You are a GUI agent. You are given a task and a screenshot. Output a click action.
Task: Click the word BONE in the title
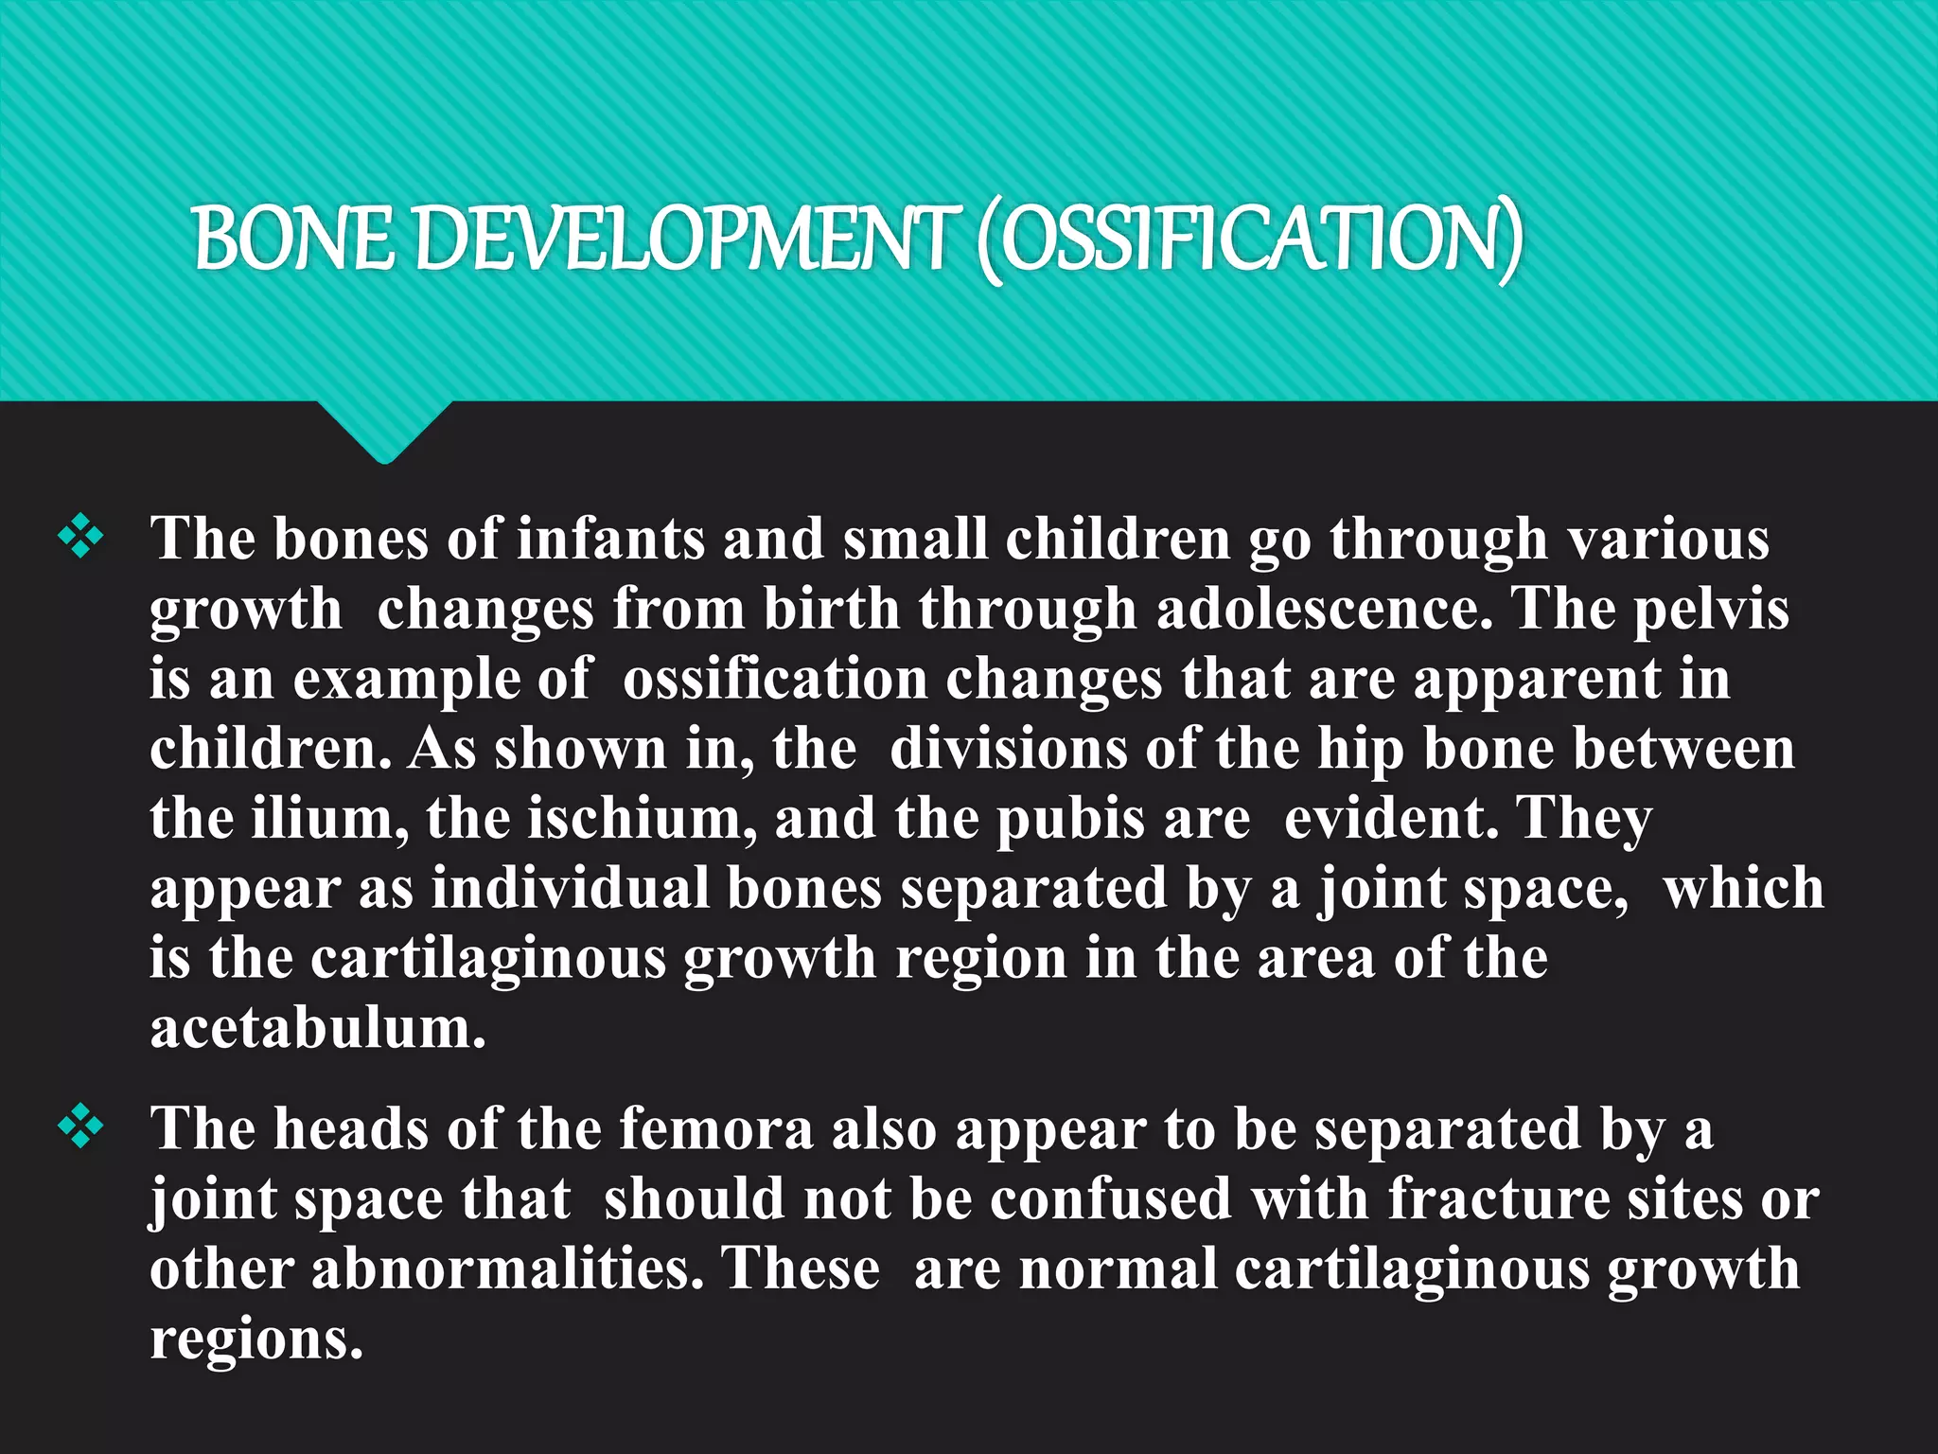292,238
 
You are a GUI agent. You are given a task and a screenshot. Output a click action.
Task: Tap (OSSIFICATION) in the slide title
1250,239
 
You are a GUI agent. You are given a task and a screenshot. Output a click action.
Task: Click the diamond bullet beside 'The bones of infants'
81,537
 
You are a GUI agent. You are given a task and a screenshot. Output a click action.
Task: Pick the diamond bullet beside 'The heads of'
81,1127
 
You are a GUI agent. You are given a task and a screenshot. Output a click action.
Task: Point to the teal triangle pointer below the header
384,431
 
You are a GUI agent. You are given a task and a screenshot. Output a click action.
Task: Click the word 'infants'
611,539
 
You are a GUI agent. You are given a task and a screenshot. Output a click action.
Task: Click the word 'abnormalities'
507,1268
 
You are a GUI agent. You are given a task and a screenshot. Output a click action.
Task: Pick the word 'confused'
1111,1199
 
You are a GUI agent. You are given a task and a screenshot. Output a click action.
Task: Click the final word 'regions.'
256,1340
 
